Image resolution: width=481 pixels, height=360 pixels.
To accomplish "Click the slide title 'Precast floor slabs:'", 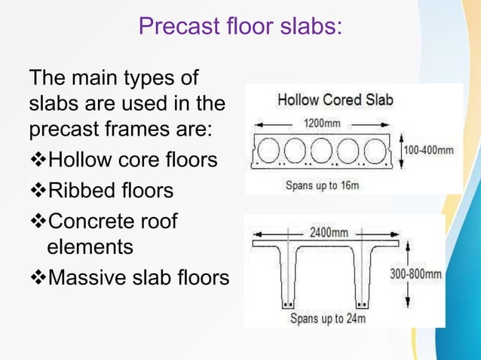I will coord(240,26).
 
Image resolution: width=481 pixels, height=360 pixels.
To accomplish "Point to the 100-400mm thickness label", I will coord(429,151).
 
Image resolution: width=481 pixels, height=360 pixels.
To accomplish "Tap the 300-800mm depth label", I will coord(415,275).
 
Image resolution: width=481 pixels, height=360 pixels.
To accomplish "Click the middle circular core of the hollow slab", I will coord(324,149).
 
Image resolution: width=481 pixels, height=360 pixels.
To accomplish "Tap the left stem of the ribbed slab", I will coord(288,279).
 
